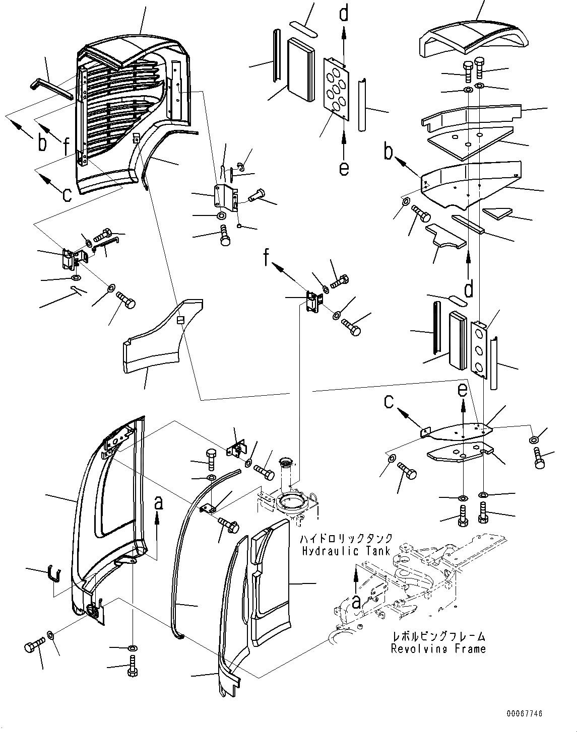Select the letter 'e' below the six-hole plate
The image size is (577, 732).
(344, 167)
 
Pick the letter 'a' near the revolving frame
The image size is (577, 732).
(356, 600)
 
